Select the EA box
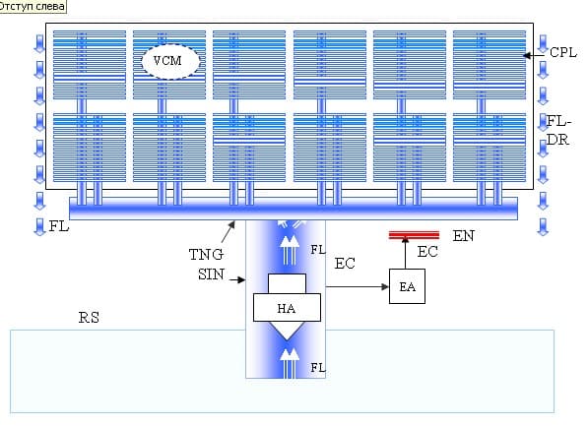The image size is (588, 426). coord(407,286)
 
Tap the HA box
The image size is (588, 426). coord(287,308)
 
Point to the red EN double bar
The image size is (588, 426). coord(414,235)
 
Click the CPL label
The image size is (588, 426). coord(563,52)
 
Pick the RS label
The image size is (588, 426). coord(89,318)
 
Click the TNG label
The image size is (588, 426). coord(206,255)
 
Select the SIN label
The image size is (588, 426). coord(211,274)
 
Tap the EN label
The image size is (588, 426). coord(464,236)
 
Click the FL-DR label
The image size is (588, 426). coord(558,131)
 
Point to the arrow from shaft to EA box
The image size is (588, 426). coord(358,286)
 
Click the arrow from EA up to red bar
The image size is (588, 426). coord(405,253)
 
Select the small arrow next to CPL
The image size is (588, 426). coord(533,55)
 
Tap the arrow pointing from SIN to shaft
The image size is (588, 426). coord(237,279)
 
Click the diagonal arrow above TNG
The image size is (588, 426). coord(229,232)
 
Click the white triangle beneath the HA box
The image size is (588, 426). coord(287,330)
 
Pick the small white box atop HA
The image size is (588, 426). coord(287,283)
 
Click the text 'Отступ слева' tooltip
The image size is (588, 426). coord(33,6)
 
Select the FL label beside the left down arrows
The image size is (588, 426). coord(59,226)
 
